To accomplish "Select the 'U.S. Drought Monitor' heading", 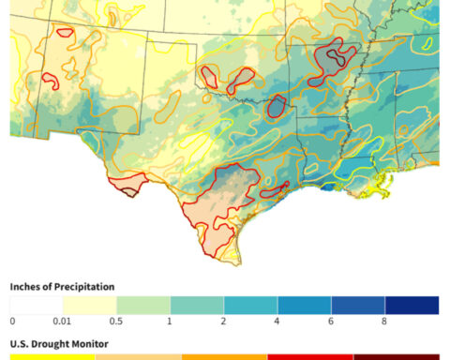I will click(x=58, y=344).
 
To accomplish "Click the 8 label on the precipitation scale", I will click(x=385, y=322).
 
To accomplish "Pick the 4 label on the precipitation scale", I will click(x=278, y=322).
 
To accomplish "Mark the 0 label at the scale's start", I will click(x=12, y=322).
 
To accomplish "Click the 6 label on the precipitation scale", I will click(x=332, y=322).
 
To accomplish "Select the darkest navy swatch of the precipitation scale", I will click(x=412, y=305).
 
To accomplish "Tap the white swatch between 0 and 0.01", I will click(x=37, y=305).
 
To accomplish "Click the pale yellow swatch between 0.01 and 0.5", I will click(x=90, y=305).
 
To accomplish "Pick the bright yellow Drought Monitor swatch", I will click(x=52, y=356).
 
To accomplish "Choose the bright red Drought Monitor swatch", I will click(x=310, y=356).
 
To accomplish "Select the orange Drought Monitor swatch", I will click(x=224, y=356).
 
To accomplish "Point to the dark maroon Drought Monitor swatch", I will click(x=396, y=356).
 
